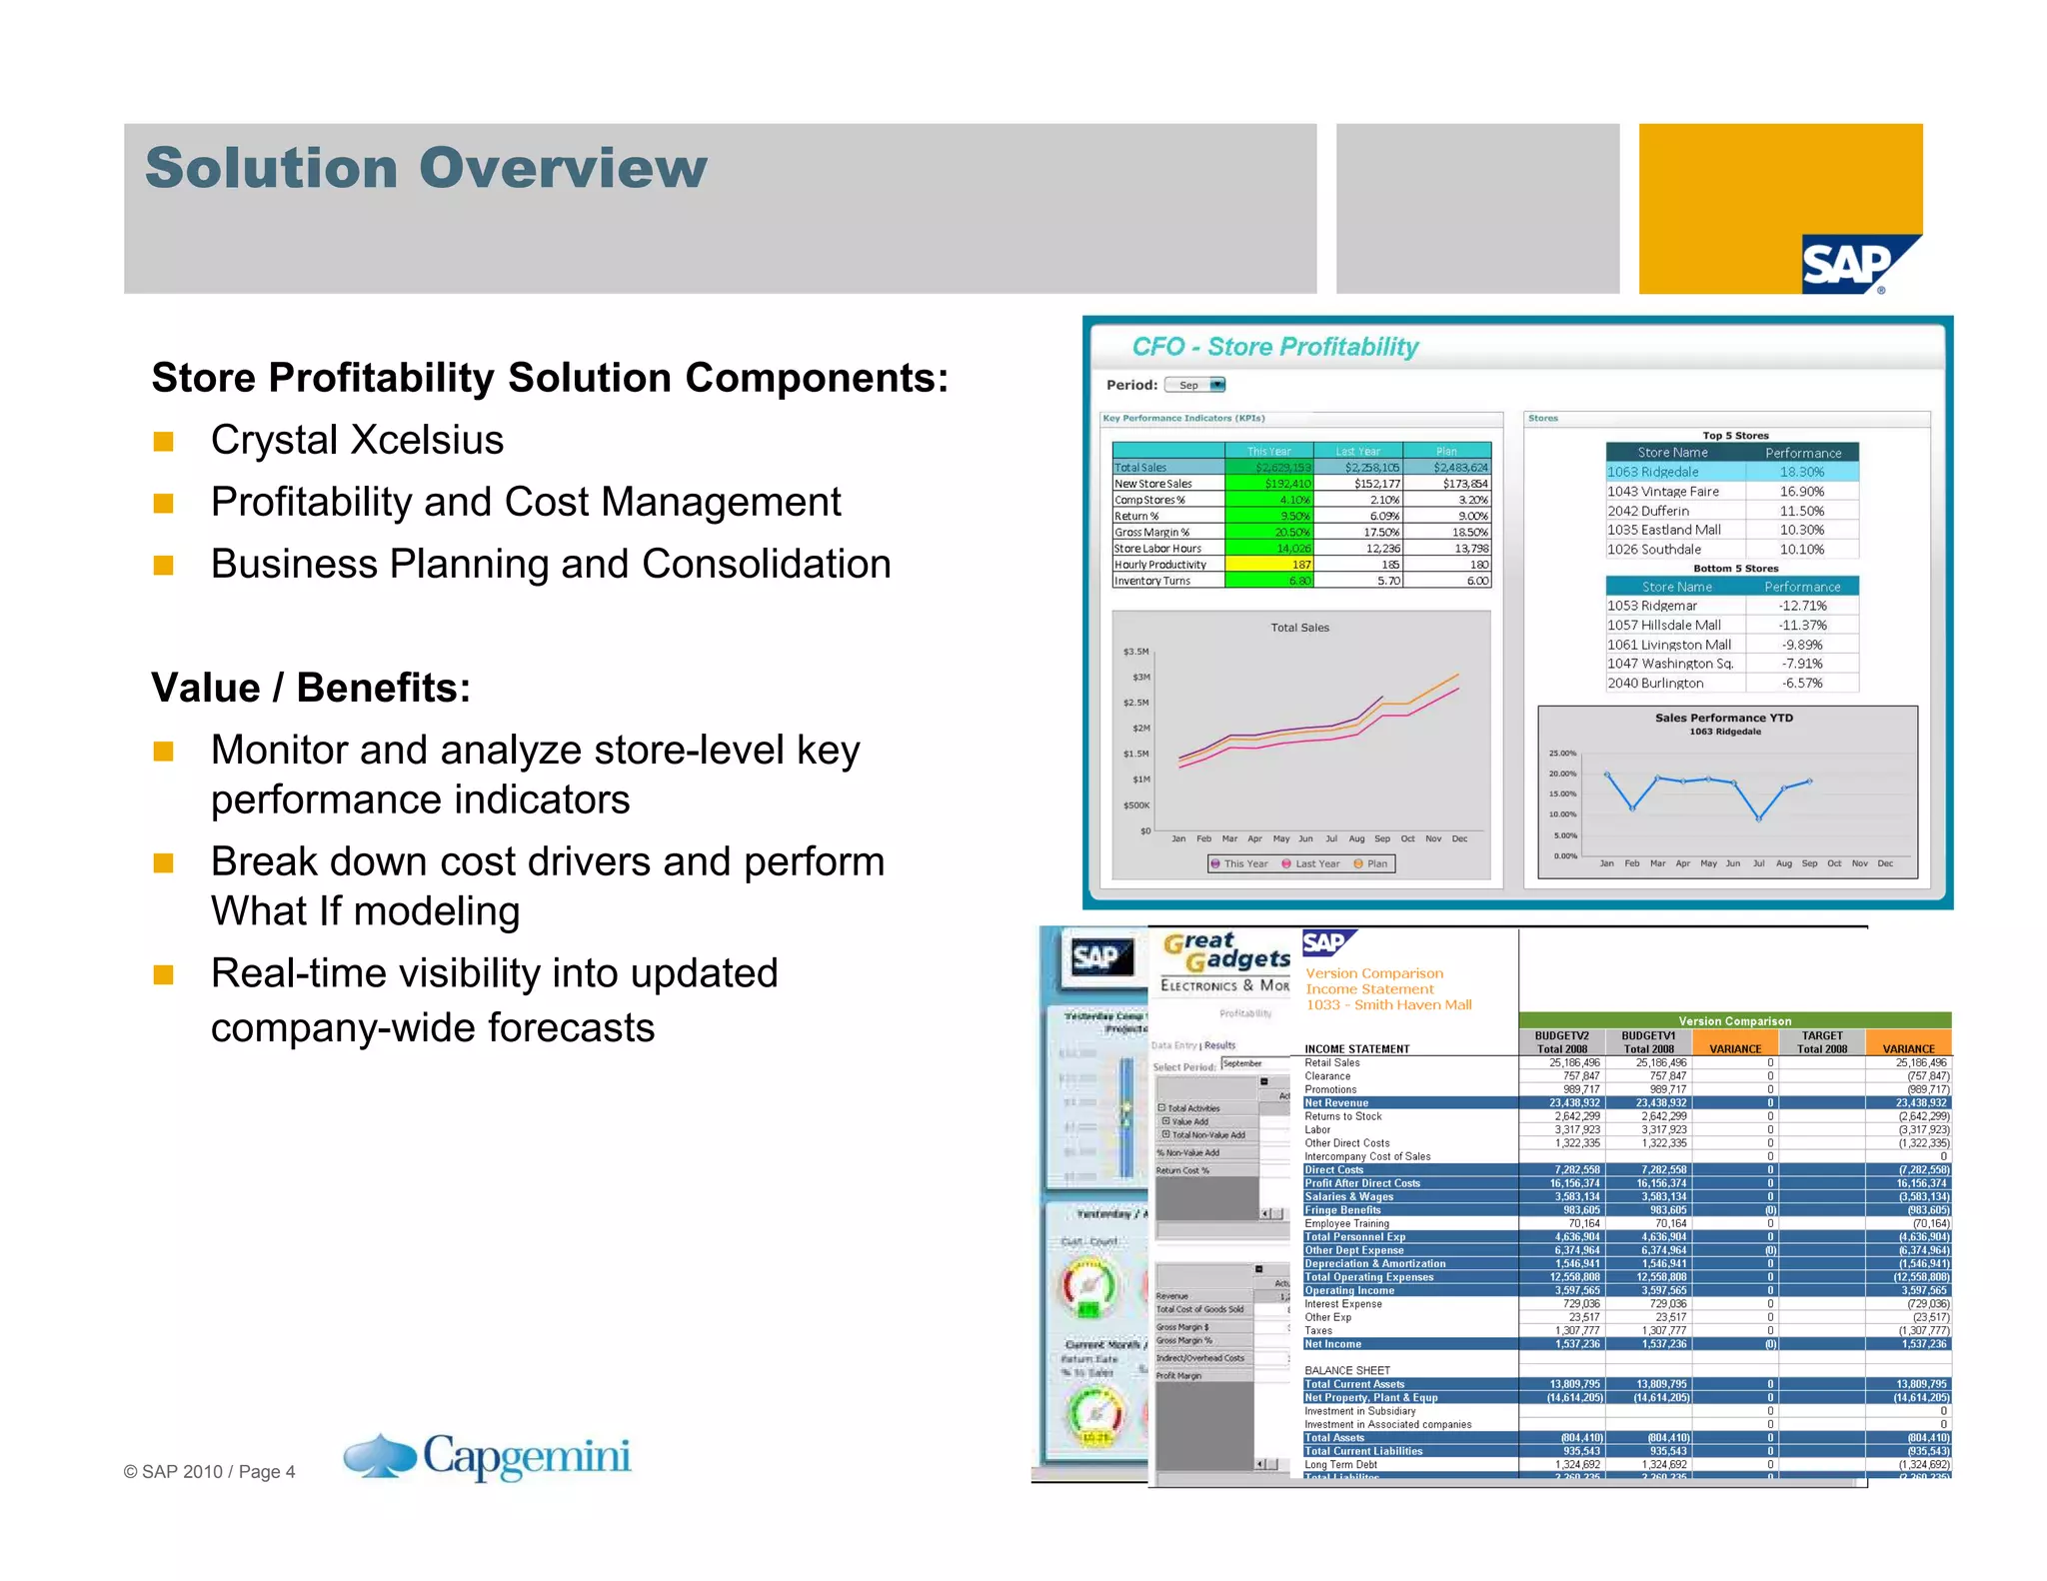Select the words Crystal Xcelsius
[x=357, y=440]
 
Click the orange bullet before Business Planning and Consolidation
[x=163, y=565]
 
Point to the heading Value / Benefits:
[x=310, y=688]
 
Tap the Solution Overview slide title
[x=426, y=167]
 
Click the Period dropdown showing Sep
[x=1195, y=385]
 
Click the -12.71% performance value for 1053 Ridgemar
[x=1801, y=606]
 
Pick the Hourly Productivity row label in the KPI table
[x=1160, y=565]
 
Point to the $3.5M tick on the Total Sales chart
[x=1135, y=652]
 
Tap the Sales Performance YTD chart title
[x=1723, y=718]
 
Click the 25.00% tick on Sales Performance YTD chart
[x=1562, y=754]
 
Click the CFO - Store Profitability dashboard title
[x=1274, y=347]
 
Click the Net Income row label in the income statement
[x=1332, y=1344]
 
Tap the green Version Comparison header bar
[x=1734, y=1020]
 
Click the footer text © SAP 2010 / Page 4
[x=209, y=1471]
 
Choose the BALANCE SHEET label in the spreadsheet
[x=1346, y=1370]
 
